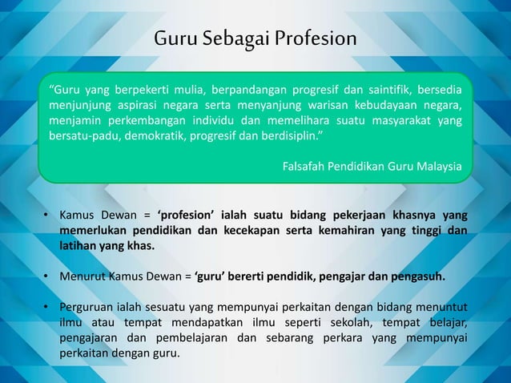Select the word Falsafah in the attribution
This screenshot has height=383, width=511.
[306, 167]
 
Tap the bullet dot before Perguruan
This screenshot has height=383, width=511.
[46, 308]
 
